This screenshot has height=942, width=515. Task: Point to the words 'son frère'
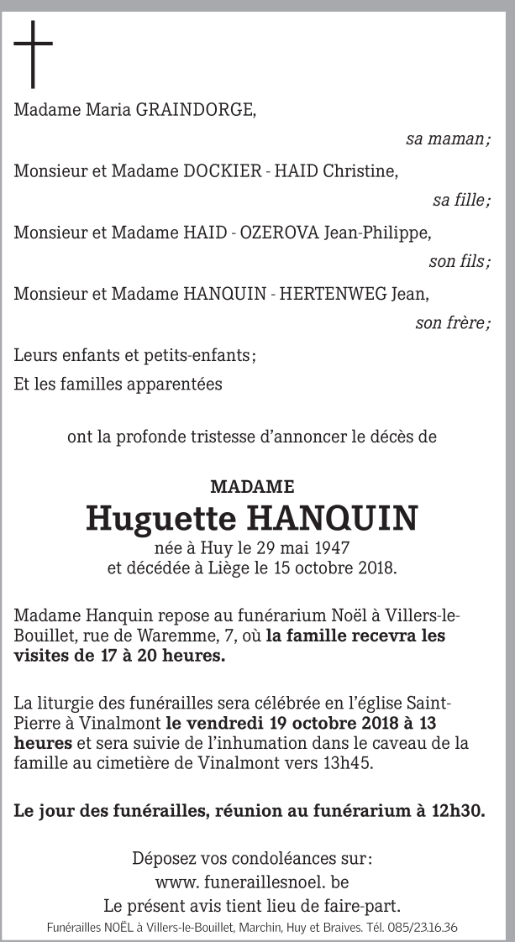[x=452, y=324]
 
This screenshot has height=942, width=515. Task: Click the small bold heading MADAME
[x=252, y=487]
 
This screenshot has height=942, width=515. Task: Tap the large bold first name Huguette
[x=160, y=519]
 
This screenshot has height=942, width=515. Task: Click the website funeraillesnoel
[x=257, y=882]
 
